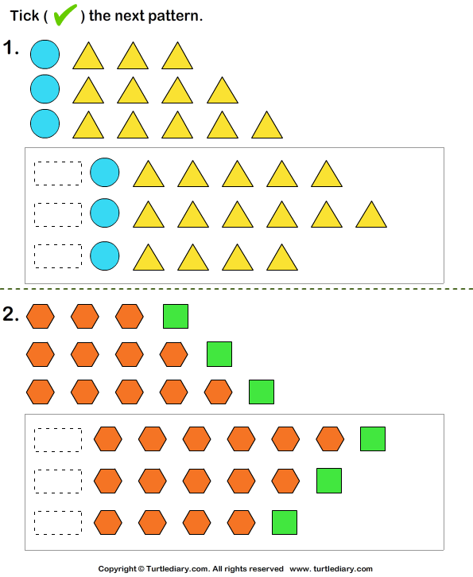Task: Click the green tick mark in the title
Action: point(65,14)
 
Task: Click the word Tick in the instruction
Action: point(25,16)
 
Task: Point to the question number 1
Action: point(11,48)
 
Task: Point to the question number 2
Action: point(10,314)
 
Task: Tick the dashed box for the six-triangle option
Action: point(58,215)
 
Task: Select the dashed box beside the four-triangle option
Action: point(58,256)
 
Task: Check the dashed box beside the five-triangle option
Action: point(58,173)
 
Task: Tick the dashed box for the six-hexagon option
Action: point(58,440)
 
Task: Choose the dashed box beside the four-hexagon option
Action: point(58,523)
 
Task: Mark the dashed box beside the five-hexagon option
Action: point(58,481)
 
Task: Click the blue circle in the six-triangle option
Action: point(105,213)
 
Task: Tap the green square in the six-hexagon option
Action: point(373,439)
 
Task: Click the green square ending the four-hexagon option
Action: point(285,522)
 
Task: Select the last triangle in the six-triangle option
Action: point(371,215)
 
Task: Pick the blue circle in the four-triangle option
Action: point(105,255)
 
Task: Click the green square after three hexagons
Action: point(176,316)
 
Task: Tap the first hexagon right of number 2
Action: point(41,316)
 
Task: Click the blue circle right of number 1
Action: point(45,54)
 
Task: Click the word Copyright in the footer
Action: point(117,569)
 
